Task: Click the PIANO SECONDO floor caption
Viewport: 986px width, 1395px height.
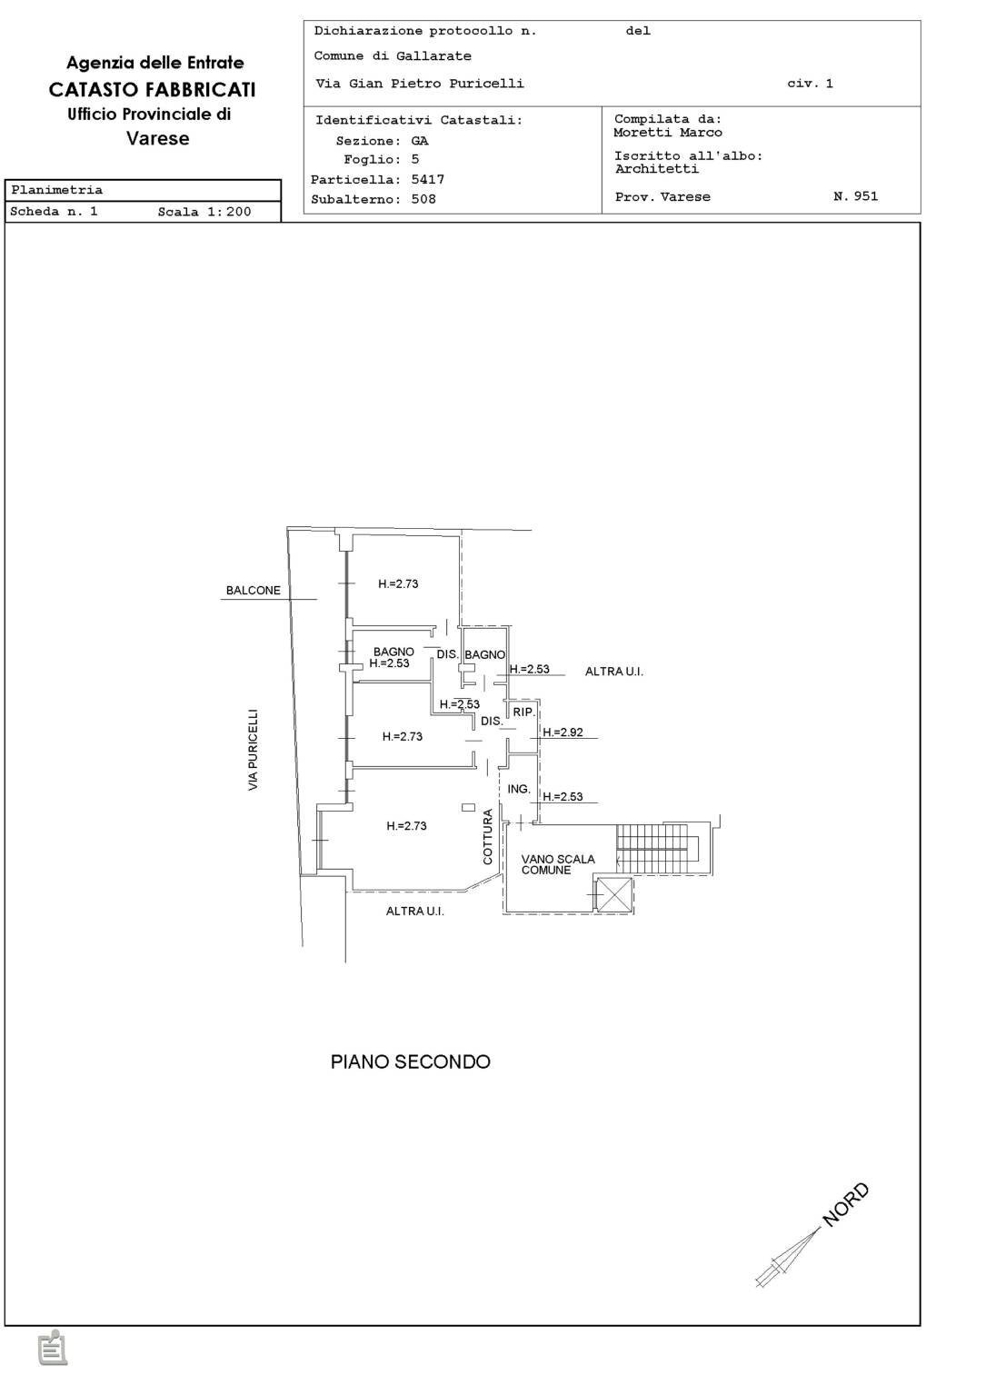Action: tap(410, 1061)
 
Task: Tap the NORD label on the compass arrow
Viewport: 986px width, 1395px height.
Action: tap(846, 1205)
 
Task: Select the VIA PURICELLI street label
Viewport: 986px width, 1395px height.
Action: tap(254, 750)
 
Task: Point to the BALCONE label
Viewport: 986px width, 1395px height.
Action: tap(254, 591)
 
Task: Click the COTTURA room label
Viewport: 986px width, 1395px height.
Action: tap(488, 837)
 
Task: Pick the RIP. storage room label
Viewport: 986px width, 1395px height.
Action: tap(523, 712)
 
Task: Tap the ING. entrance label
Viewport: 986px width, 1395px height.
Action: tap(519, 789)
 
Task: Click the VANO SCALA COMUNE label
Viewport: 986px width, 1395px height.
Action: tap(557, 864)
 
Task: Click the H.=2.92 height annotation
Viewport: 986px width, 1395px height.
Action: tap(563, 732)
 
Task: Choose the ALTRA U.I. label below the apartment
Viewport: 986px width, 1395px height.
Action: tap(414, 911)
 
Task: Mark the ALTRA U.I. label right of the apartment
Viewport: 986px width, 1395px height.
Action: tap(613, 672)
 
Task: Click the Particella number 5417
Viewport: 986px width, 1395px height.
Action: tap(427, 180)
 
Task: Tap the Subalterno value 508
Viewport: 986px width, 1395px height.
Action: tap(423, 199)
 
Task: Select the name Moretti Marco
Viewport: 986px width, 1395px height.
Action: tap(668, 133)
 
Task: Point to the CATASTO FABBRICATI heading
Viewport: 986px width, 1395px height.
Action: tap(152, 89)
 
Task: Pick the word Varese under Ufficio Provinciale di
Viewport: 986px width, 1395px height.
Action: tap(158, 139)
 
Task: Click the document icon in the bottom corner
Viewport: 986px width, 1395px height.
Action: tap(53, 1349)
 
